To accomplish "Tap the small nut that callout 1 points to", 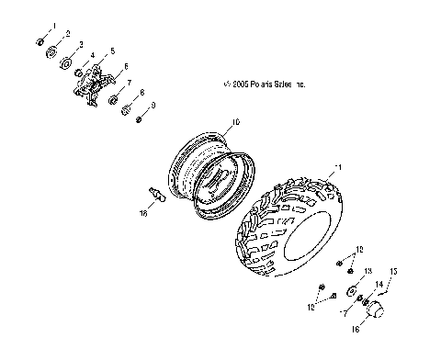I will click(x=41, y=40).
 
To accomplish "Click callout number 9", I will click(x=153, y=106).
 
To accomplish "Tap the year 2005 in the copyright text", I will click(x=237, y=84).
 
